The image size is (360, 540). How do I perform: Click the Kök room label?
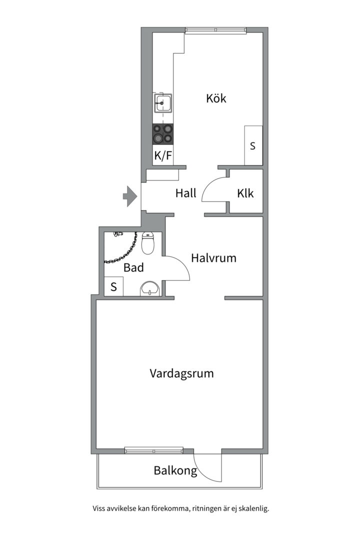(x=216, y=98)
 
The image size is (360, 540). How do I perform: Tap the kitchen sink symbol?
(x=163, y=102)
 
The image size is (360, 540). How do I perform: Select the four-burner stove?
(x=163, y=134)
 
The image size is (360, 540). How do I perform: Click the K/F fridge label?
(x=163, y=155)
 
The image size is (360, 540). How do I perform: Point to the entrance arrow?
(x=130, y=196)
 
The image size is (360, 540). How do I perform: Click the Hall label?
(x=185, y=193)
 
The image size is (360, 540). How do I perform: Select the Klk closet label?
(x=245, y=193)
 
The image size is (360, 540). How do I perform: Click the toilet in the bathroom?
(x=148, y=243)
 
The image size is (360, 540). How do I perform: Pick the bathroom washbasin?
(x=150, y=288)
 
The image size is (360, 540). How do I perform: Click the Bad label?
(x=133, y=267)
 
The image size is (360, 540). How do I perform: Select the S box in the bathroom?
(x=113, y=286)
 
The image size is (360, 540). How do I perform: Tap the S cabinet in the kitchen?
(x=253, y=145)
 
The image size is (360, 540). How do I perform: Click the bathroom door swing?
(x=182, y=264)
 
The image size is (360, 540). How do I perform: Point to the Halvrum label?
(x=213, y=258)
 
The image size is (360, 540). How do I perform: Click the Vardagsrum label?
(x=181, y=373)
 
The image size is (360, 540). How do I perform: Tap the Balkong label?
(x=175, y=470)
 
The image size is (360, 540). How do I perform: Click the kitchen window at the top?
(x=216, y=30)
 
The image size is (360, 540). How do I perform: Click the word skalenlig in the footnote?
(x=254, y=508)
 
